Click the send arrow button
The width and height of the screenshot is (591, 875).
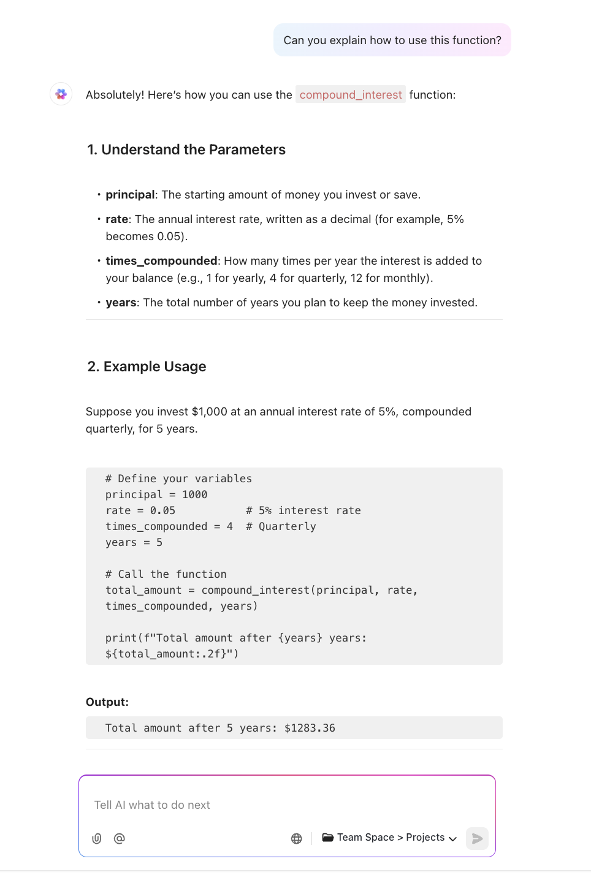[477, 838]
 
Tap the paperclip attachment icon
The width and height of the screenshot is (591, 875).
[97, 838]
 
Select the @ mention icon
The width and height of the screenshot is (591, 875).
[120, 838]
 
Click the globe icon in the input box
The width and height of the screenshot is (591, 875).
[297, 838]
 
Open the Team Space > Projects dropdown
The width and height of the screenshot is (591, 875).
[390, 838]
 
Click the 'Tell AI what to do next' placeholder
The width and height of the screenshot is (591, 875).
[152, 805]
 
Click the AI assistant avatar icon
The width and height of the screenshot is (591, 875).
[61, 94]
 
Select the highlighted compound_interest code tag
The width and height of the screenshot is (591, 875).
[351, 95]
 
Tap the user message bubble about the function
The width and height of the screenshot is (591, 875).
[392, 40]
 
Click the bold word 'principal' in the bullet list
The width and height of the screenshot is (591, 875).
[130, 195]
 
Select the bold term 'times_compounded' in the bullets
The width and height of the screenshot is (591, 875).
[161, 261]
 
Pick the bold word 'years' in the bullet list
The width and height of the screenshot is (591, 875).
[121, 303]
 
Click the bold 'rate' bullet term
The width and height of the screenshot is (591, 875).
[116, 219]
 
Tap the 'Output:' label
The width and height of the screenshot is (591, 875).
[107, 702]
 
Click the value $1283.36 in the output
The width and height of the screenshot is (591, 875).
[310, 728]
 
